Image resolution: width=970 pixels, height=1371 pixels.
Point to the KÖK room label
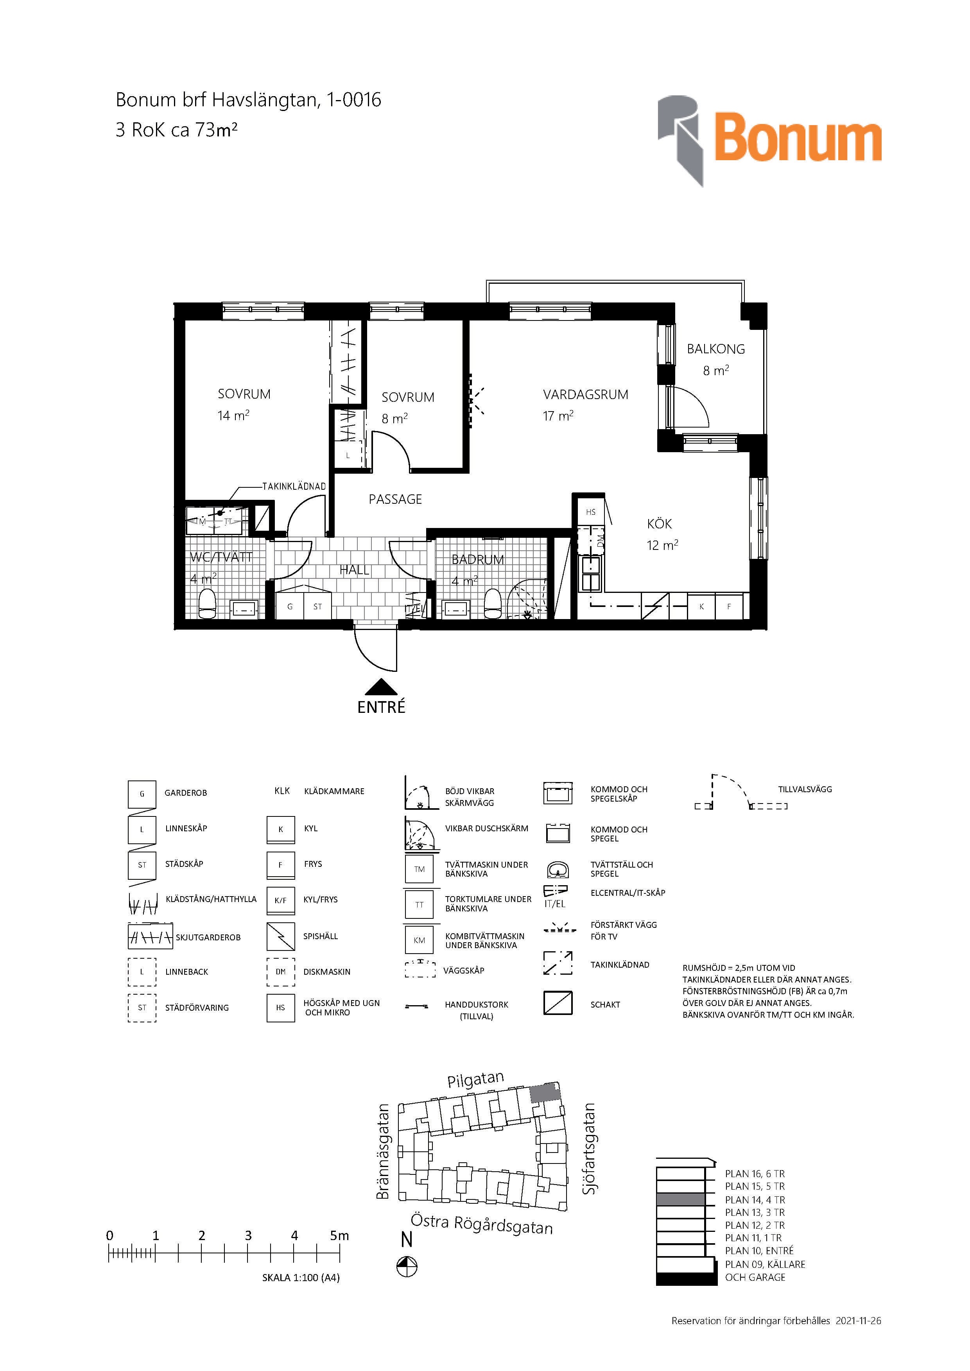(660, 524)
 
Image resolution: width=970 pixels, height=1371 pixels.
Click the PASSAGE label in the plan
(395, 499)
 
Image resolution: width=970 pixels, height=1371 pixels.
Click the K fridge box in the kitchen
(701, 607)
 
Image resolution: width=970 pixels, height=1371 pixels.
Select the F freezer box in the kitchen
(729, 607)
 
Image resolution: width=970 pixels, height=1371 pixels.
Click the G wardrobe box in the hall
(290, 607)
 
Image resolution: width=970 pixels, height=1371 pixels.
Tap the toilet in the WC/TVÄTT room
(207, 604)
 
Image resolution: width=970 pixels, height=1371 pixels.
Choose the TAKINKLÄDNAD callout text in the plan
(294, 486)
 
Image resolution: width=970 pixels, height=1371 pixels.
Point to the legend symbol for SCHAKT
(558, 1003)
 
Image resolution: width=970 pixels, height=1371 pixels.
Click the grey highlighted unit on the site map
(546, 1092)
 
